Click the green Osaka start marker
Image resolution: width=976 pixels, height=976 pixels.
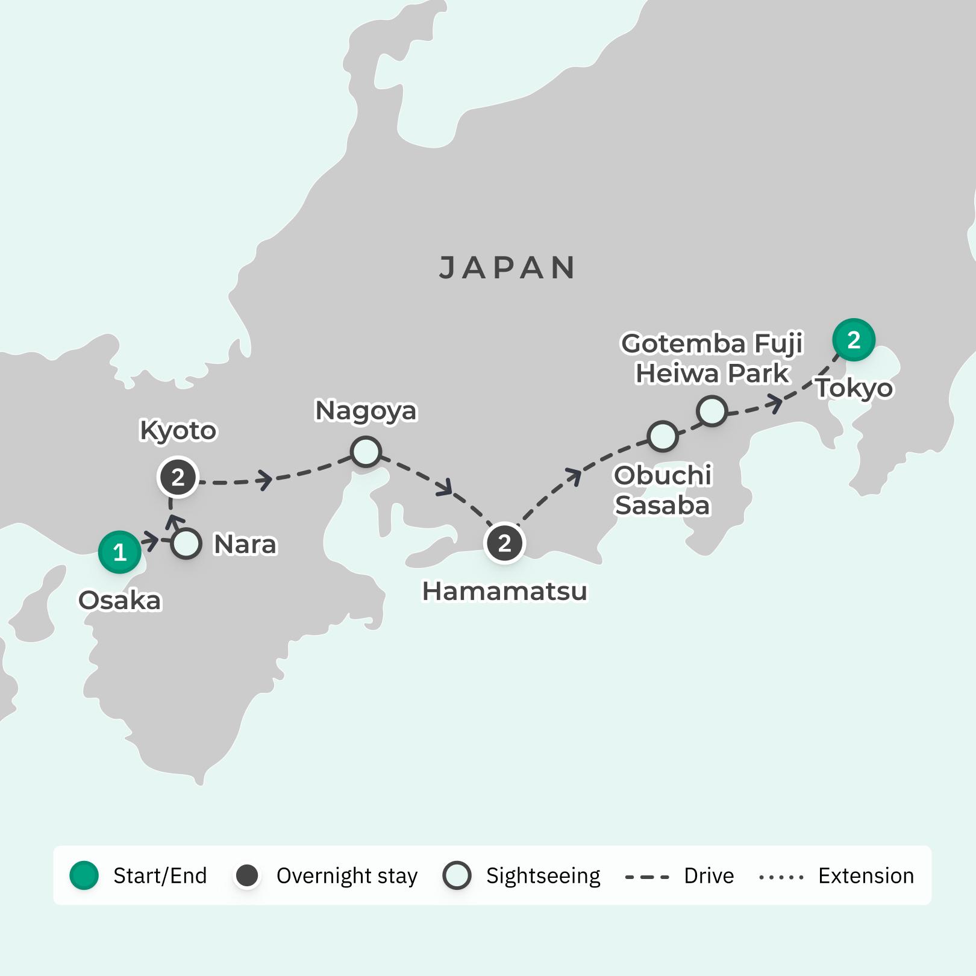coord(119,552)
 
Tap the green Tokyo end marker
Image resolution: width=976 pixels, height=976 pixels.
coord(853,340)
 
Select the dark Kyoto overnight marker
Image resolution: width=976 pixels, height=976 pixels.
coord(178,478)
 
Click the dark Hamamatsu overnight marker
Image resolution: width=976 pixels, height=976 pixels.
coord(504,543)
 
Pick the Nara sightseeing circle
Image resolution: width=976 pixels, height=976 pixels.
coord(186,544)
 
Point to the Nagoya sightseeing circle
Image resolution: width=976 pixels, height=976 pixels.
coord(366,452)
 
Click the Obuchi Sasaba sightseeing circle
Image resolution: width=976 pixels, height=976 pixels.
coord(662,436)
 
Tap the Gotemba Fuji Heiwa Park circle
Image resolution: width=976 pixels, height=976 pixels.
coord(712,411)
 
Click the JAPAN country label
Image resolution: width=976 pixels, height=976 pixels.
coord(507,268)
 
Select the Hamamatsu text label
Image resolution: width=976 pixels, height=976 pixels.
coord(504,592)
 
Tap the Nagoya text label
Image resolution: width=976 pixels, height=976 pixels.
coord(366,411)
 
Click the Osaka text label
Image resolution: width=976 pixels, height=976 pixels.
coord(120,601)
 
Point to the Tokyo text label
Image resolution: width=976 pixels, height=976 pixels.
coord(854,389)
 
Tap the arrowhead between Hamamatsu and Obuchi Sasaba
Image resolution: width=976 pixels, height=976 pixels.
coord(574,476)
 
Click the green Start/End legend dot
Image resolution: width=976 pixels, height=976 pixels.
coord(84,875)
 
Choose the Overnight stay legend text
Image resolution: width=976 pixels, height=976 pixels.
coord(346,876)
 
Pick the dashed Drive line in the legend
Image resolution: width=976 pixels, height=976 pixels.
coord(647,877)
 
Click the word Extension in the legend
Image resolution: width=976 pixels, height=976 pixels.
coord(866,876)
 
